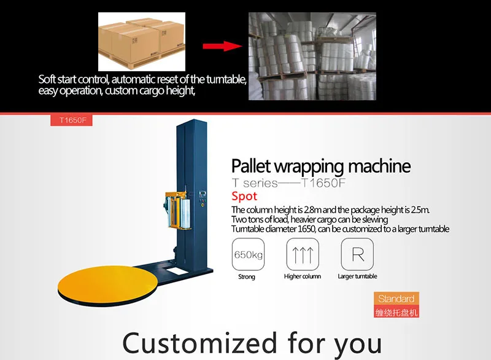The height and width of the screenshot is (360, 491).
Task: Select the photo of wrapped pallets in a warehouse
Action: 312,56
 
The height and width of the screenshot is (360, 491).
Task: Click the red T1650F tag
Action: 72,120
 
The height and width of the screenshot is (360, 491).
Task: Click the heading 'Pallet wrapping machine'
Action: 321,166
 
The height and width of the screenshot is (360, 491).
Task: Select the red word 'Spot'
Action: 244,197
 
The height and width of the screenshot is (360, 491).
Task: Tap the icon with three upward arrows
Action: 303,254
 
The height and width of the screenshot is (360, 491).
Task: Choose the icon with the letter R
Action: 357,254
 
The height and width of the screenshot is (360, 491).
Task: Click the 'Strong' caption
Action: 247,277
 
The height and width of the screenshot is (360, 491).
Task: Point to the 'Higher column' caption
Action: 303,277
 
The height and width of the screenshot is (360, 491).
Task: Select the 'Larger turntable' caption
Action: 357,277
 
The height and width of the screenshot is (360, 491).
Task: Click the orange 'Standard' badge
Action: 396,299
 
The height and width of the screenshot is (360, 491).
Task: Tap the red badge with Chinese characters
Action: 396,313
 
